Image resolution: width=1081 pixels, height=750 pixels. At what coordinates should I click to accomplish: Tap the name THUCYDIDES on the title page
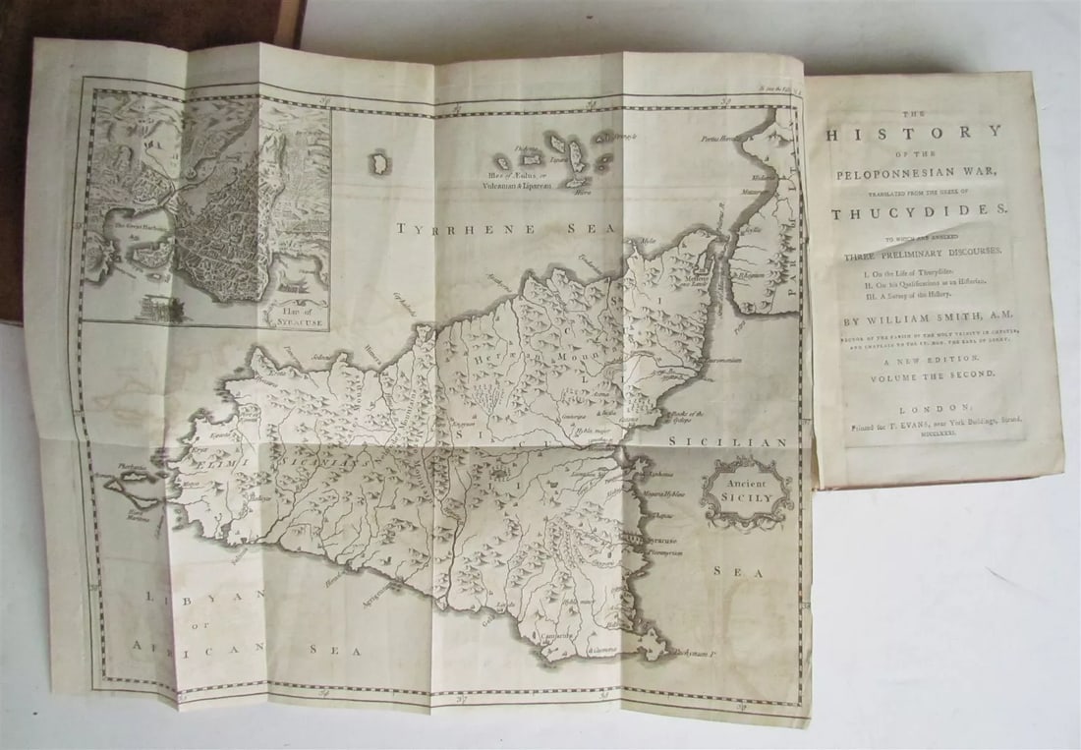(x=915, y=212)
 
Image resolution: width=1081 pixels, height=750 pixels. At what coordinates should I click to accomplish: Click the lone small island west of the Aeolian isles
(x=378, y=162)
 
